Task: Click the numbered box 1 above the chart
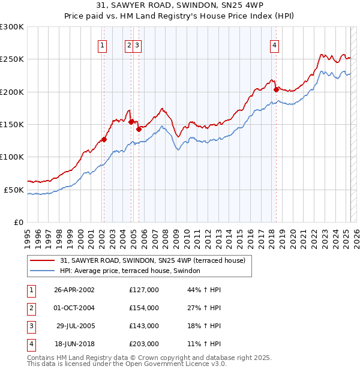(x=103, y=45)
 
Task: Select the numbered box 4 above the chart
(x=274, y=45)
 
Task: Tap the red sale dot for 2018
(x=277, y=89)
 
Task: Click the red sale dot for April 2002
(x=104, y=139)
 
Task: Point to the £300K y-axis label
(x=12, y=27)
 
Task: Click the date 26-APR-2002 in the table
(x=74, y=290)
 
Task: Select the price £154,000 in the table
(x=144, y=308)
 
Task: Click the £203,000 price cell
(x=144, y=344)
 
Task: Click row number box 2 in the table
(x=31, y=308)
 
